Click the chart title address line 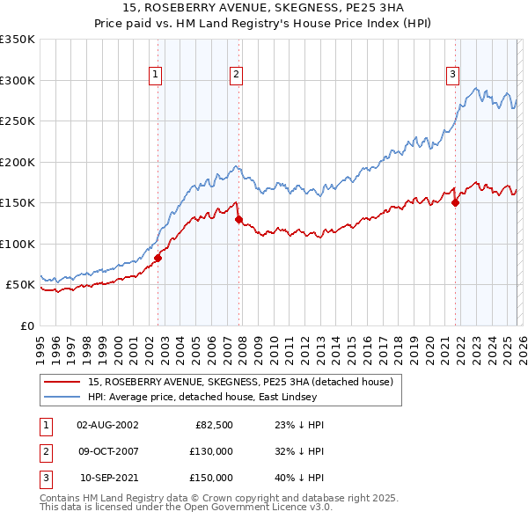264,8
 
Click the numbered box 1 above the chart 155,76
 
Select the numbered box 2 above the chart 237,76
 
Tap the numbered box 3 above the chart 452,76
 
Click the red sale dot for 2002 158,258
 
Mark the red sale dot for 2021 455,202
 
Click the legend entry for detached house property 246,382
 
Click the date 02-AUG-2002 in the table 107,425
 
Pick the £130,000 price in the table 211,451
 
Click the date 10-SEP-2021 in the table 107,478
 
